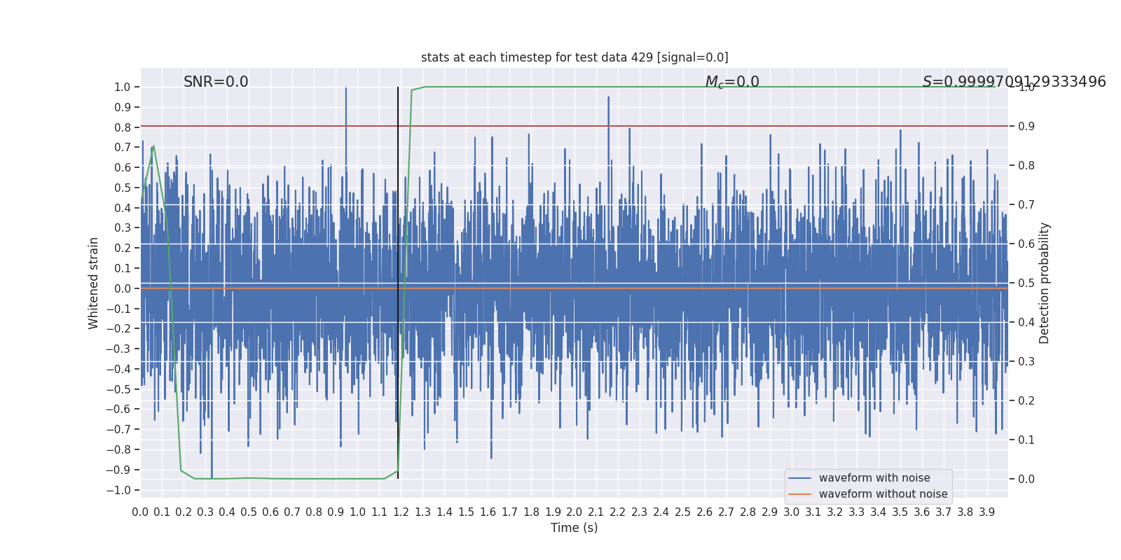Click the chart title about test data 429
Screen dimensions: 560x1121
pos(575,57)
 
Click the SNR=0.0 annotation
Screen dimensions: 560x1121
pos(216,82)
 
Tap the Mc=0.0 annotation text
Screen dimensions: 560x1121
pos(732,82)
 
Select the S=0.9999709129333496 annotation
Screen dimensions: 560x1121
pos(1014,82)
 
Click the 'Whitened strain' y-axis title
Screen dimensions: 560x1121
pos(94,283)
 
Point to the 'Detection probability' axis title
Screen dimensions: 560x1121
pos(1045,283)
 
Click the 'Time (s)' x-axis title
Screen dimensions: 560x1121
pos(574,528)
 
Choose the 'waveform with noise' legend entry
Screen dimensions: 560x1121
pos(874,478)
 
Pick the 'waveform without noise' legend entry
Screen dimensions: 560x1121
pos(882,494)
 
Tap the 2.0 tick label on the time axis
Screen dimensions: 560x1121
pos(575,512)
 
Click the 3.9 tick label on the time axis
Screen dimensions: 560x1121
pos(986,512)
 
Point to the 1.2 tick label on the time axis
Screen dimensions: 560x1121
pos(401,512)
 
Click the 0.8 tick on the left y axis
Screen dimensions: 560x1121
pos(123,127)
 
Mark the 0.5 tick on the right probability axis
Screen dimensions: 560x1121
pos(1026,283)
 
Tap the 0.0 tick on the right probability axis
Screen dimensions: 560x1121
pos(1026,479)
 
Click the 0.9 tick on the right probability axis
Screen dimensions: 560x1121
pos(1026,126)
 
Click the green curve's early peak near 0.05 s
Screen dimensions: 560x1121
pos(153,146)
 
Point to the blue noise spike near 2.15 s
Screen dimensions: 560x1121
pos(608,98)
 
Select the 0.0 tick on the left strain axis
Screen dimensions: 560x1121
pos(123,288)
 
